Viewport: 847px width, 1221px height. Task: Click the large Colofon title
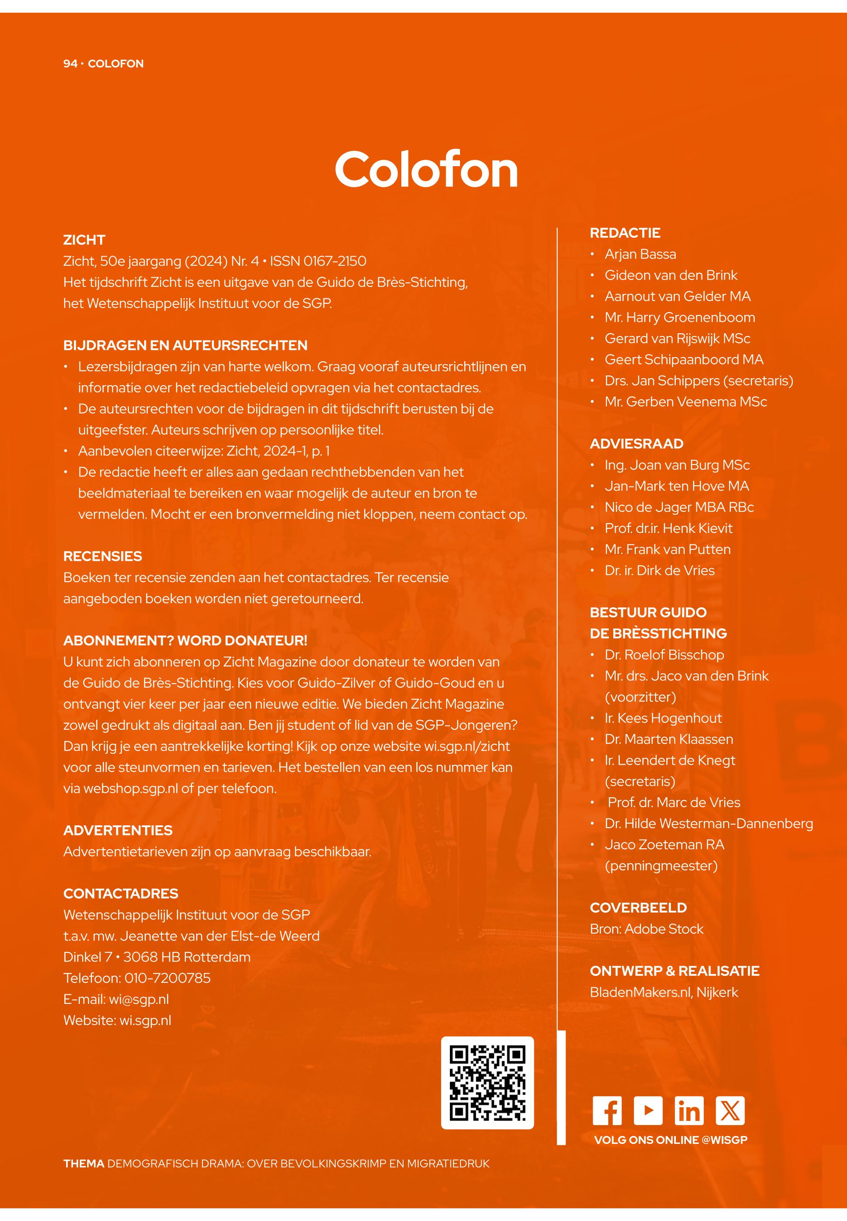click(x=426, y=169)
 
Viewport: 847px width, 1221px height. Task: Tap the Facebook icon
click(x=607, y=1111)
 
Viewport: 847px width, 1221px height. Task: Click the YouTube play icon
click(x=648, y=1111)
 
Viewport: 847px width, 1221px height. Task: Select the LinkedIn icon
click(x=689, y=1111)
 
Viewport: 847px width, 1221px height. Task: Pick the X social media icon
click(x=730, y=1111)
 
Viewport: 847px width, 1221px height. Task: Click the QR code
click(x=487, y=1083)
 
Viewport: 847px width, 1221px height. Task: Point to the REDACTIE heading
click(x=625, y=233)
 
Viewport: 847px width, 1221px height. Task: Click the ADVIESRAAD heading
click(x=636, y=443)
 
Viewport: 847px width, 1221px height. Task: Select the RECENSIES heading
click(x=102, y=556)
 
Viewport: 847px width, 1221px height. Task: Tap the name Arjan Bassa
click(x=640, y=254)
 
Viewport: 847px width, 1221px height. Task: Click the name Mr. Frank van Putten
click(x=667, y=549)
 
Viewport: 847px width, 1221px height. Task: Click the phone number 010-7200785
click(x=167, y=978)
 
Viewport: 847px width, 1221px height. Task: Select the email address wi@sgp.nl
click(x=139, y=999)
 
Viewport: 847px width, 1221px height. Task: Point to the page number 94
click(x=70, y=64)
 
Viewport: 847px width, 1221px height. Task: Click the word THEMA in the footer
click(x=83, y=1164)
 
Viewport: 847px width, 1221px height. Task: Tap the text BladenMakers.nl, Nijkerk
click(x=663, y=992)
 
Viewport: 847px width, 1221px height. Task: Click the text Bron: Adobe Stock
click(x=646, y=929)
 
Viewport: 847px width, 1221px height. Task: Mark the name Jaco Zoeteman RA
click(x=664, y=845)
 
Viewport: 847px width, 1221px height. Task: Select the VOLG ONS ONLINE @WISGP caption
click(x=670, y=1140)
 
